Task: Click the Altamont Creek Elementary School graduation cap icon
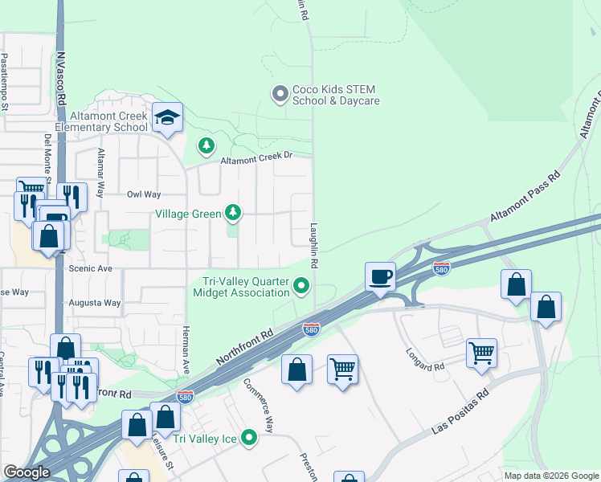169,118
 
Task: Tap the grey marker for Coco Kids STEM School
280,95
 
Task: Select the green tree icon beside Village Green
233,213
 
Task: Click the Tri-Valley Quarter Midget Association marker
301,285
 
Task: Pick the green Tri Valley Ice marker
250,438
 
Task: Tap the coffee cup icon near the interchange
380,277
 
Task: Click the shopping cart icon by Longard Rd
481,352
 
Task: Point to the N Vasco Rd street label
61,80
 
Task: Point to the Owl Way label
144,194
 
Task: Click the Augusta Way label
100,303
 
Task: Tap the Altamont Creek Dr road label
255,157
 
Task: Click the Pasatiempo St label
5,81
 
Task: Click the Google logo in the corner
27,472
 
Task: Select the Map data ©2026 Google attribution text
551,476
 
